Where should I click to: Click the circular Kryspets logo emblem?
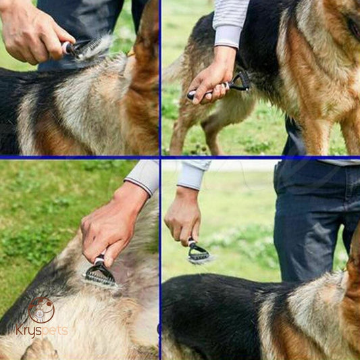click(41, 310)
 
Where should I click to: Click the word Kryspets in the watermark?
click(42, 331)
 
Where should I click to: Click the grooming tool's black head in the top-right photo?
click(240, 82)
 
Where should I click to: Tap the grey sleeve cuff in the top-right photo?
click(228, 36)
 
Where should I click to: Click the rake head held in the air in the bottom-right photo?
click(199, 255)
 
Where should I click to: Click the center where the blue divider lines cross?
click(160, 157)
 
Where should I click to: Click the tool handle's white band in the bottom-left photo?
click(99, 260)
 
